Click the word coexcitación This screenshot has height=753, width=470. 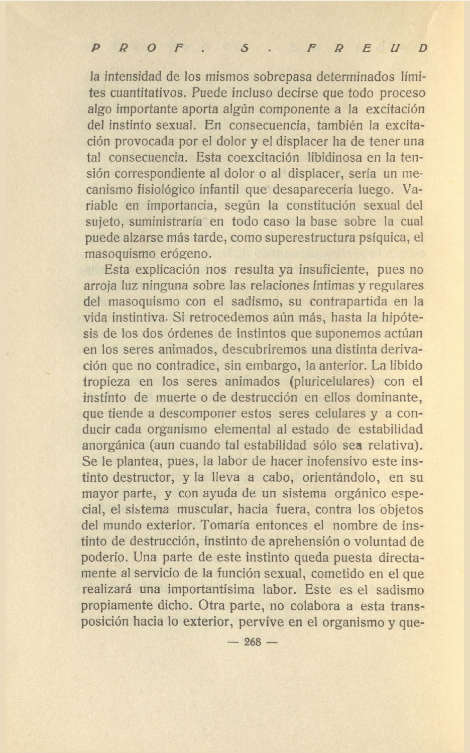(257, 157)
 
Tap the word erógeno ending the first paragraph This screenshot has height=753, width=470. (186, 254)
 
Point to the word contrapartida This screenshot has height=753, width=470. (348, 302)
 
